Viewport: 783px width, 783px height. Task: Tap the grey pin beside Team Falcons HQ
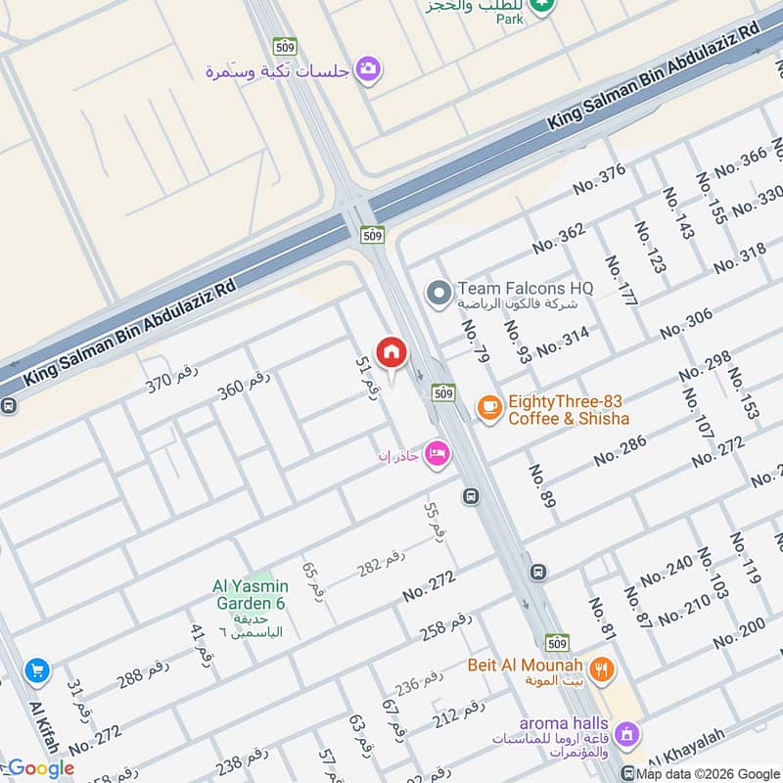[439, 292]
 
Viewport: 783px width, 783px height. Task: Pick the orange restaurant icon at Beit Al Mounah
[603, 670]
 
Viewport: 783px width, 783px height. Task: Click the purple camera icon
[368, 69]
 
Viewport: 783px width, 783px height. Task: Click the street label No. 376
[599, 179]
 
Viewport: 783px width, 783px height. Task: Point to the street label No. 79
[475, 340]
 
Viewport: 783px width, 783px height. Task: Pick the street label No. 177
[622, 281]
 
